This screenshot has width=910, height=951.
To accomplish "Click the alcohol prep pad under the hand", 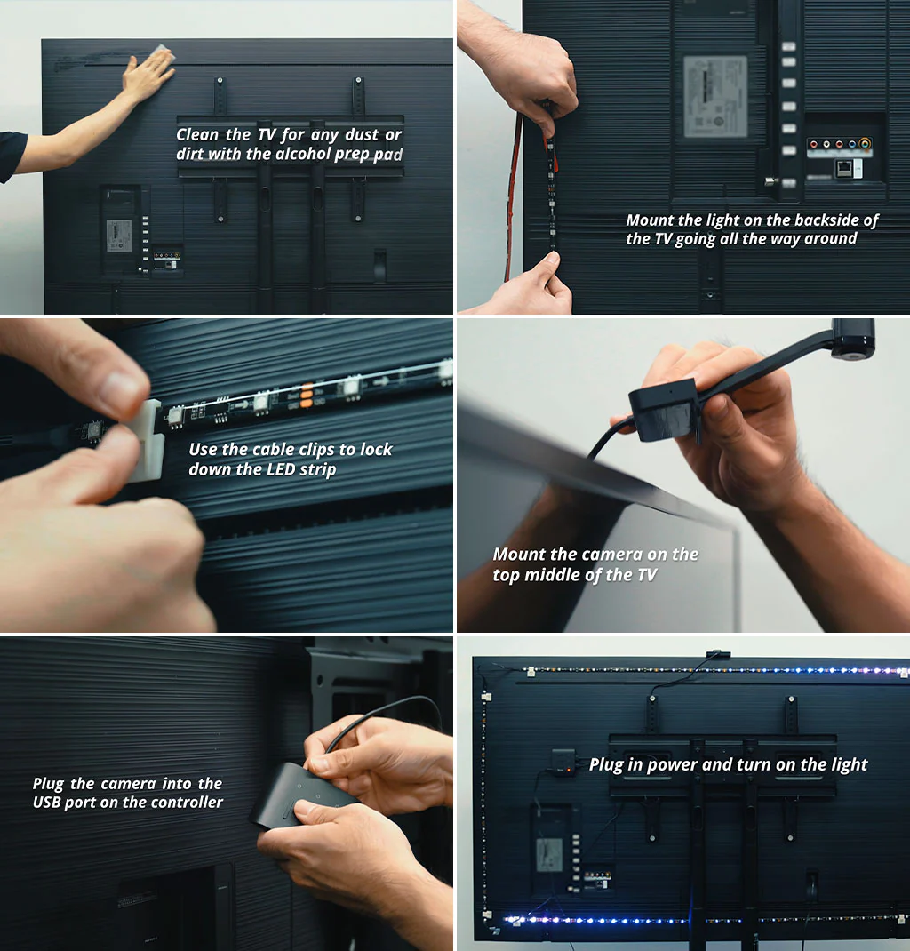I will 161,54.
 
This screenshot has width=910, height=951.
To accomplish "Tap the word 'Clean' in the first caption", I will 198,134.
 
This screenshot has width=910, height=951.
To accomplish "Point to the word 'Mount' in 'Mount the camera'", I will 519,555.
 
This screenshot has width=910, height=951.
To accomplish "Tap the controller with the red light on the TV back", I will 563,761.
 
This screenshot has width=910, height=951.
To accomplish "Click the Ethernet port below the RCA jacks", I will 843,168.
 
